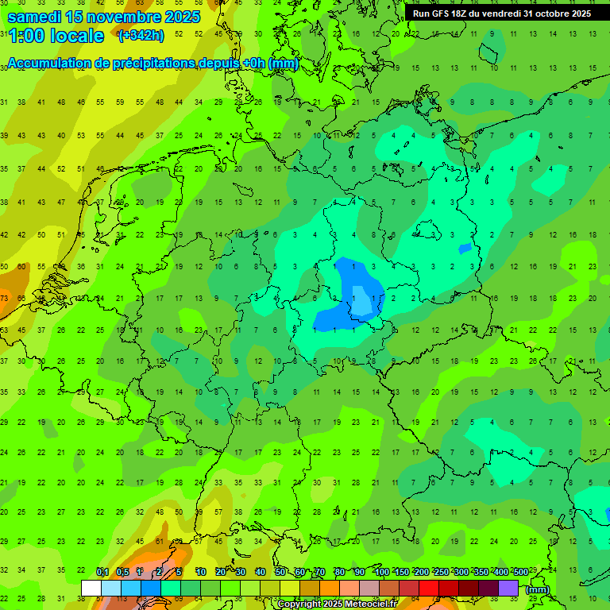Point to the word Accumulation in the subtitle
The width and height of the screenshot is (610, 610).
[48, 64]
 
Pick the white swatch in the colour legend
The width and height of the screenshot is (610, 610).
[91, 589]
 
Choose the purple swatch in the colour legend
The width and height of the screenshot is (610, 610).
[508, 589]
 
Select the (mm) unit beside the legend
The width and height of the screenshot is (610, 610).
[538, 589]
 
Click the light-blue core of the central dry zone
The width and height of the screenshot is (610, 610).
[361, 302]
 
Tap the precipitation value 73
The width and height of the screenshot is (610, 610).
[5, 298]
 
